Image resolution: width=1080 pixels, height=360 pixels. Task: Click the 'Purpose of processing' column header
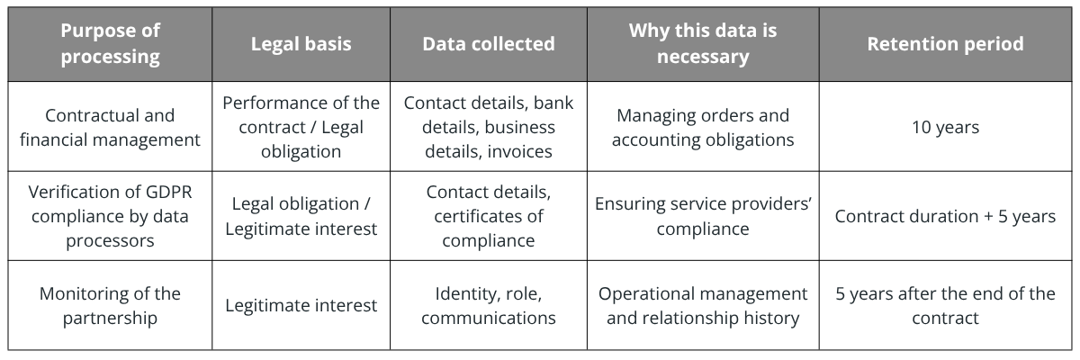tap(110, 44)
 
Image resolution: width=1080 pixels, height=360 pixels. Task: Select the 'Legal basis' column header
tap(301, 44)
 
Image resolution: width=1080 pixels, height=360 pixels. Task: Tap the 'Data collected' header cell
tap(489, 44)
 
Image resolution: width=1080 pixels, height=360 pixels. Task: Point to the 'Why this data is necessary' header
tap(703, 44)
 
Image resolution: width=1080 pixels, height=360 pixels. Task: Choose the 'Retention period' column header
tap(945, 44)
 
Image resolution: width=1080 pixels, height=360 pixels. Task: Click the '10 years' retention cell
tap(945, 127)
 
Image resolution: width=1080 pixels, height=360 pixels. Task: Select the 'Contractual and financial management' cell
tap(110, 127)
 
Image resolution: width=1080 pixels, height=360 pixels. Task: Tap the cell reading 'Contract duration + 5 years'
tap(945, 216)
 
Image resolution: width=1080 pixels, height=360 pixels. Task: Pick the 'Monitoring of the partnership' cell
tap(110, 305)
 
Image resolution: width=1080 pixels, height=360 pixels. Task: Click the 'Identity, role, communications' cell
tap(489, 305)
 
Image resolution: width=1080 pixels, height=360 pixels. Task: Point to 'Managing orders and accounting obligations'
tap(703, 127)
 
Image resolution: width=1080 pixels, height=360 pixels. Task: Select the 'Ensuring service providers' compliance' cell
tap(703, 216)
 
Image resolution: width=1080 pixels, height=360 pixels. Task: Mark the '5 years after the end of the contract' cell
tap(945, 305)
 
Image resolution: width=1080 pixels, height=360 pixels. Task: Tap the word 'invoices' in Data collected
tap(520, 152)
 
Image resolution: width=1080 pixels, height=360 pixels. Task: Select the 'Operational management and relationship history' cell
tap(703, 305)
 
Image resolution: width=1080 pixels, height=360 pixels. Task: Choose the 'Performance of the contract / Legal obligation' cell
tap(301, 127)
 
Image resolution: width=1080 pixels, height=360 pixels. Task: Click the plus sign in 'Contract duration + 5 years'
tap(988, 217)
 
